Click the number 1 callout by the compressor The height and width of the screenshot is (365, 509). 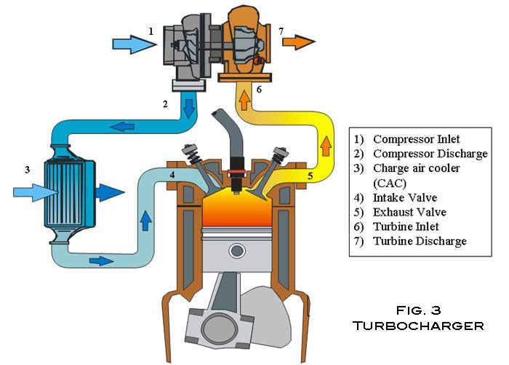coord(151,31)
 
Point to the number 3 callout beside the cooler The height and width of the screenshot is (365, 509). coord(26,170)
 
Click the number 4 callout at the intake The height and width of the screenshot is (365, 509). coord(172,175)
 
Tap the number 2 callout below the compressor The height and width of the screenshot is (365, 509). coord(166,104)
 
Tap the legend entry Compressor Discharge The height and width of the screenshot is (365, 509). coord(429,154)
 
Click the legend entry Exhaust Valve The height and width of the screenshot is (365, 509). coord(409,212)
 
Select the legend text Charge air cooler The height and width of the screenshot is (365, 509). coord(418,168)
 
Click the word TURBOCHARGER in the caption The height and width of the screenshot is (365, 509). coord(418,326)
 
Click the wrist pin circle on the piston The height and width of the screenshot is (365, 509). coord(237,251)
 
